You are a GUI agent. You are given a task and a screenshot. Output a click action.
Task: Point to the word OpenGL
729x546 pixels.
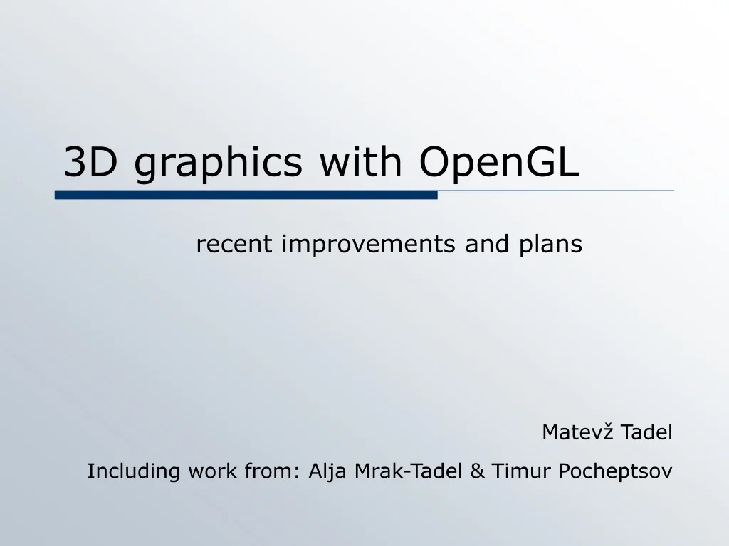499,164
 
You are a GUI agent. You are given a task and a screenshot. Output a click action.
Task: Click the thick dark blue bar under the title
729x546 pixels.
246,195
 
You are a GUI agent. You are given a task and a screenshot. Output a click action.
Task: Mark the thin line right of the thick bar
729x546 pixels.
555,191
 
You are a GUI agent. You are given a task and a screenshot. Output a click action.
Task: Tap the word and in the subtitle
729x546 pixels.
482,245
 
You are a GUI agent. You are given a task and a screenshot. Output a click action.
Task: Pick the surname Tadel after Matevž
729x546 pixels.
646,432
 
